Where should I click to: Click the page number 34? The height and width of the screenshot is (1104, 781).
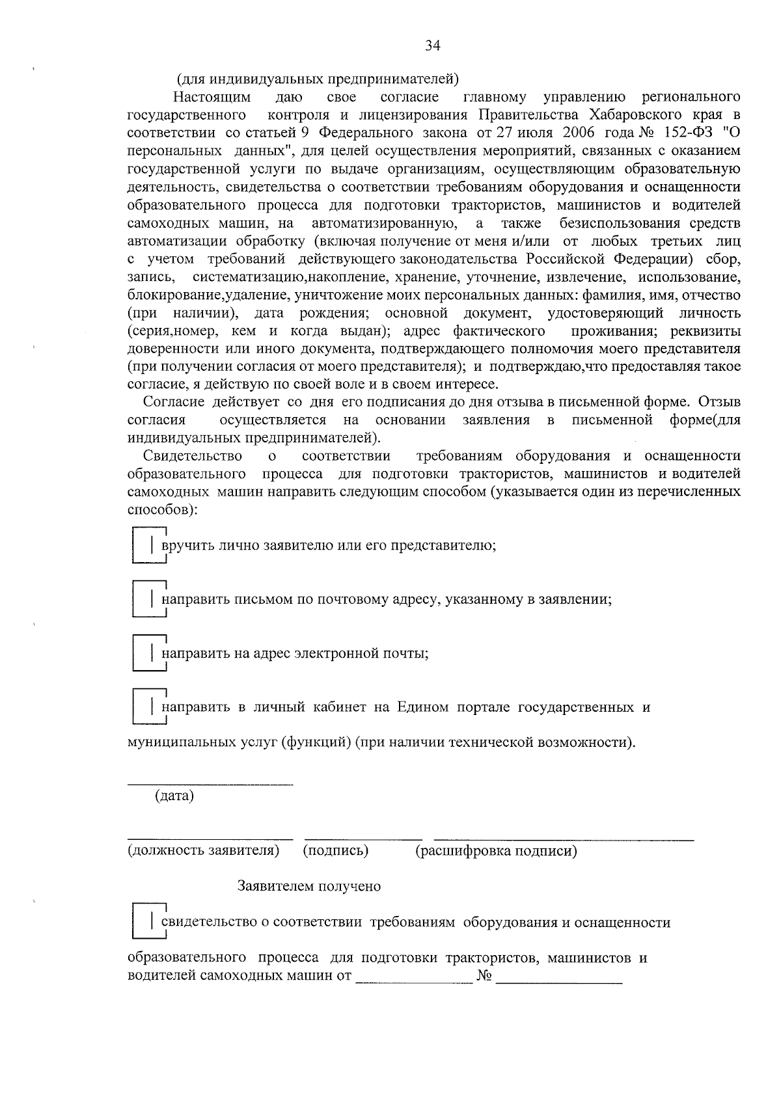click(433, 46)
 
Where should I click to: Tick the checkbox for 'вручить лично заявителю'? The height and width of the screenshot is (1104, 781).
click(147, 545)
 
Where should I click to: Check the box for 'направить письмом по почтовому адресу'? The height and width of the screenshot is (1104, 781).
click(147, 599)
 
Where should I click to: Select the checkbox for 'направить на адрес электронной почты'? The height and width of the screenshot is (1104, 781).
click(147, 653)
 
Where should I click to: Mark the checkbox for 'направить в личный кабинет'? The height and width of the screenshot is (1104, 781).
click(147, 707)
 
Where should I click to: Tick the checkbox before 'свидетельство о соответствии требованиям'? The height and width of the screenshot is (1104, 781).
click(147, 922)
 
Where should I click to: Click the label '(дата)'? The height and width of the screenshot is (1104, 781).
click(174, 796)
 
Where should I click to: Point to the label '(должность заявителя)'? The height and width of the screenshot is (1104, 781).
click(203, 850)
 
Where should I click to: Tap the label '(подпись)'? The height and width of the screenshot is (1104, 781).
click(336, 850)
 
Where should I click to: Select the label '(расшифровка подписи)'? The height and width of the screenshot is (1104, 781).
click(496, 851)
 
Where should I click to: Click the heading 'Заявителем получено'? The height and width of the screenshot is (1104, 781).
click(309, 886)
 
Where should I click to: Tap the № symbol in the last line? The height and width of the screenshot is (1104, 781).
click(484, 976)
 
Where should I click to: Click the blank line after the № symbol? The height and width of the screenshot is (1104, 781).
click(560, 980)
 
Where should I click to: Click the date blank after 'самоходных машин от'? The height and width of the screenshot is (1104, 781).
click(414, 980)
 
